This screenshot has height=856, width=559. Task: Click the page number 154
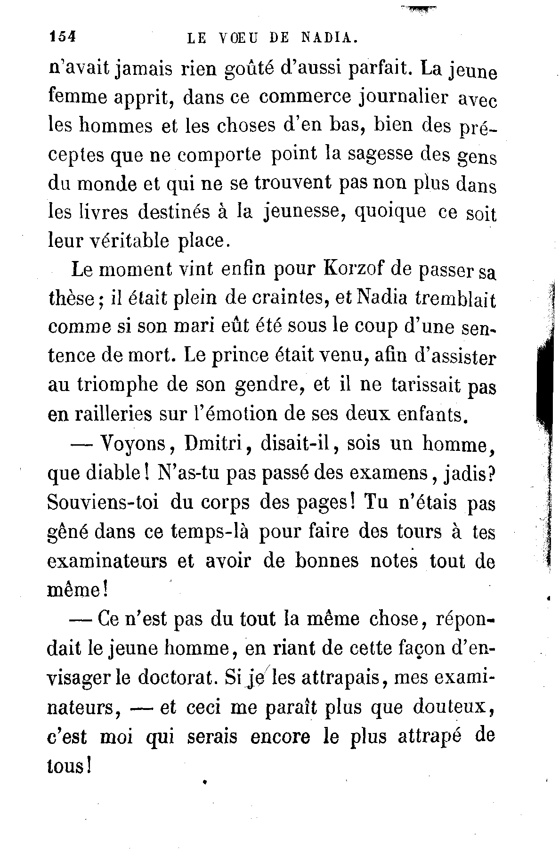click(x=62, y=37)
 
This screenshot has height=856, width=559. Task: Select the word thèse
click(x=71, y=300)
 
